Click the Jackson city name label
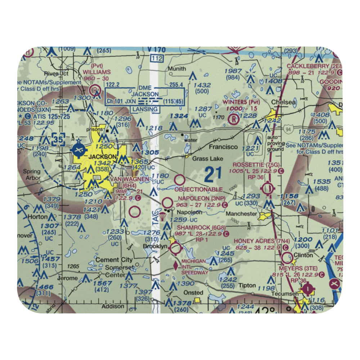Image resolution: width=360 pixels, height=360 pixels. (103, 157)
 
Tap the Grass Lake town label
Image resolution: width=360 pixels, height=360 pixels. (207, 158)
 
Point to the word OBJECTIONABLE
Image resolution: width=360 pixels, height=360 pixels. (199, 189)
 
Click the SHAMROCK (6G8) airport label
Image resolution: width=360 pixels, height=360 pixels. (201, 228)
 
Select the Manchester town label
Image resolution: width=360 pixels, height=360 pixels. (241, 213)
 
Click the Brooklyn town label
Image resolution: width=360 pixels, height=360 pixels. (155, 246)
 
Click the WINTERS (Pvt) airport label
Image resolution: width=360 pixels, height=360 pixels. (240, 102)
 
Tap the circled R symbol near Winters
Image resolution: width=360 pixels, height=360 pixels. (235, 118)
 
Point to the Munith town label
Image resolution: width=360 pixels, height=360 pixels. (177, 69)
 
